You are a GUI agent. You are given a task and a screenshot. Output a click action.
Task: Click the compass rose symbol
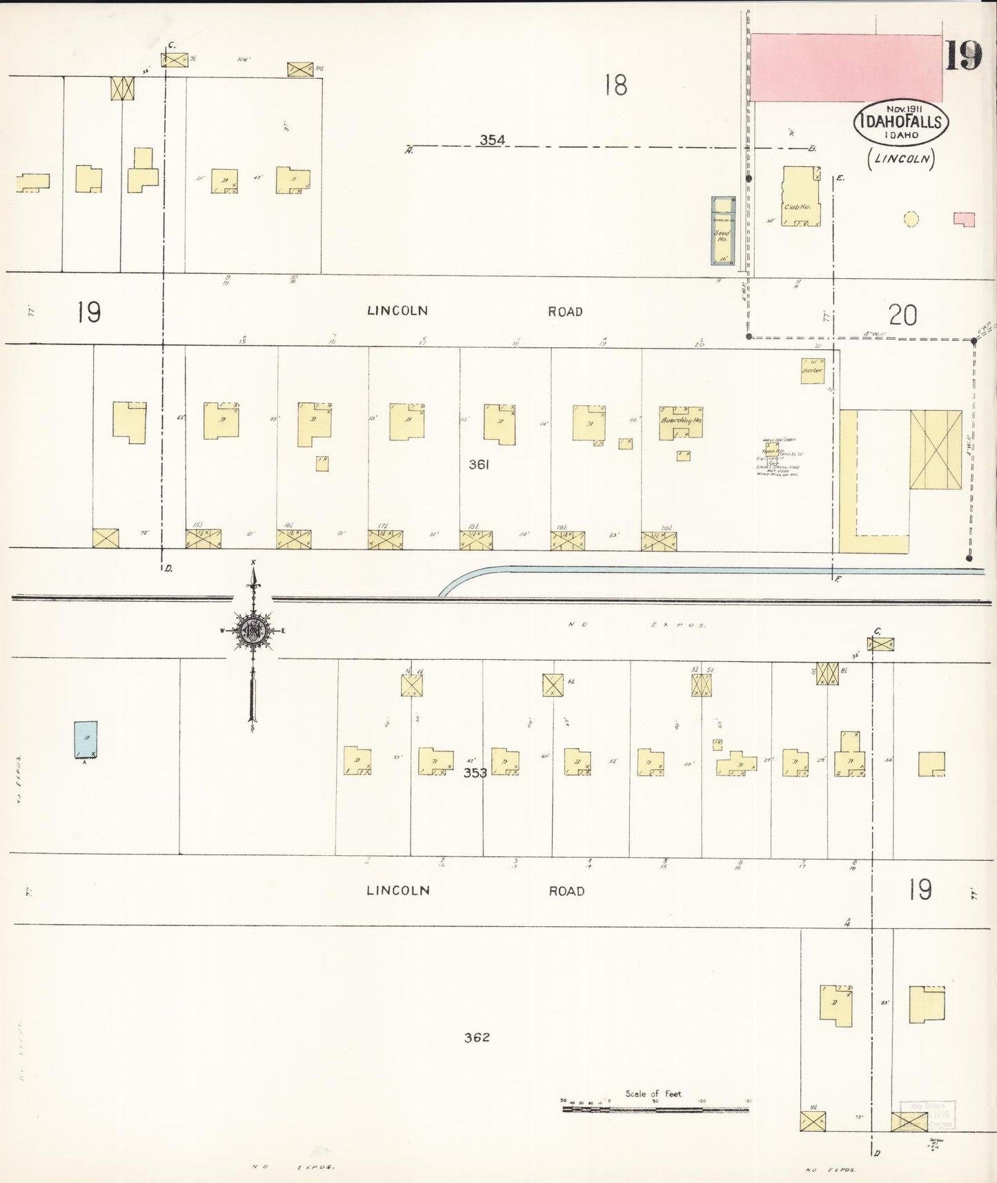click(x=253, y=631)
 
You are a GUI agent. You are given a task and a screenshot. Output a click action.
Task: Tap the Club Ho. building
click(x=800, y=197)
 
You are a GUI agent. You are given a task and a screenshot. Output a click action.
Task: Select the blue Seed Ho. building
click(x=723, y=231)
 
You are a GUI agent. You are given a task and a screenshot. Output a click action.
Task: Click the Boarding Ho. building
click(x=680, y=422)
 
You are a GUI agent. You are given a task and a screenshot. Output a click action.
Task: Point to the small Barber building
click(x=813, y=371)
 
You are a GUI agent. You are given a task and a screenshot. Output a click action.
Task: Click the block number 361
click(x=479, y=465)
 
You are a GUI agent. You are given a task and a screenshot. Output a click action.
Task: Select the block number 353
click(x=475, y=772)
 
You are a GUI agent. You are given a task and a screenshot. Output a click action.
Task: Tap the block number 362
click(x=477, y=1037)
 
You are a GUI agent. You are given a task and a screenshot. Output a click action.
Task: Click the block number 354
click(x=492, y=140)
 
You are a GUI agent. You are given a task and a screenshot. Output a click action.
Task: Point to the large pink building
click(x=846, y=68)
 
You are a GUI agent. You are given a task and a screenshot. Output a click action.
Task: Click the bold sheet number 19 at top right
click(x=963, y=56)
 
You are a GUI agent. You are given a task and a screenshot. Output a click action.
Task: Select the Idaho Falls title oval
click(x=902, y=122)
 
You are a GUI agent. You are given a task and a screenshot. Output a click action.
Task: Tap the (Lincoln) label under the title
click(x=901, y=159)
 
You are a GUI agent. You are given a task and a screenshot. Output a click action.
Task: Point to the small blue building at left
click(x=86, y=740)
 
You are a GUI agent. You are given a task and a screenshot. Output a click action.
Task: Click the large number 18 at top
click(x=615, y=86)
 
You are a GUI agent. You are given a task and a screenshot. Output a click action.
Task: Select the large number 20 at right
click(x=902, y=315)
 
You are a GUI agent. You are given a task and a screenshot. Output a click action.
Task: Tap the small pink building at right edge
click(x=964, y=219)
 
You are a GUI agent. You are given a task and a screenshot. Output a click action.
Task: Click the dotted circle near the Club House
click(x=911, y=219)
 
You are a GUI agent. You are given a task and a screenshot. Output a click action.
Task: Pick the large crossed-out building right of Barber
click(x=936, y=450)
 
